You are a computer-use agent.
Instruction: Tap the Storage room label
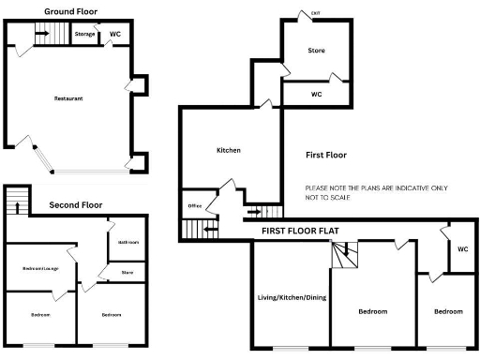point(84,35)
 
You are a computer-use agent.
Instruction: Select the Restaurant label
point(68,97)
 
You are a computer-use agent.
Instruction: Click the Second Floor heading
point(76,204)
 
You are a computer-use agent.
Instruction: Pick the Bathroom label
point(128,242)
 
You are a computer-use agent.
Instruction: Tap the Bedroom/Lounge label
point(40,269)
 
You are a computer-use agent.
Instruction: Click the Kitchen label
point(229,150)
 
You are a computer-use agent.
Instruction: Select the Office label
point(195,205)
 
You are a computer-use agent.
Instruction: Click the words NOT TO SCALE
point(333,198)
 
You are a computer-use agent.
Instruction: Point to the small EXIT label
point(315,12)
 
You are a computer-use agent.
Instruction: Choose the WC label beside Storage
point(114,35)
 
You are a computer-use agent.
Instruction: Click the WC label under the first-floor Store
point(316,94)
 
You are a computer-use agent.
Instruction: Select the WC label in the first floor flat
point(462,249)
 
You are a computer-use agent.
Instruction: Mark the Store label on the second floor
point(127,274)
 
